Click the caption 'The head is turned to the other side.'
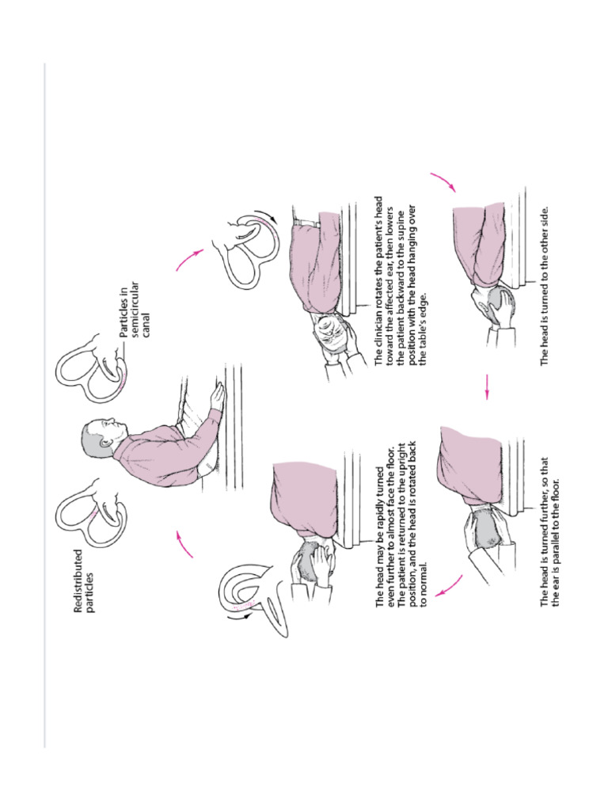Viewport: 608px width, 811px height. [545, 286]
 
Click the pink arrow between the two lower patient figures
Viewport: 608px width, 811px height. [486, 386]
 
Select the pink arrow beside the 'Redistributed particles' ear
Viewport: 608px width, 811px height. [184, 544]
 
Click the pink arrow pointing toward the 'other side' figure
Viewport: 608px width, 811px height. [443, 182]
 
